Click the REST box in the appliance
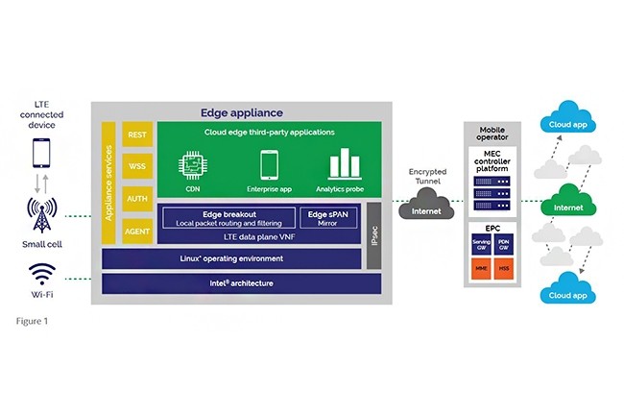click(137, 135)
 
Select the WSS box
click(137, 166)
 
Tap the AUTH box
click(137, 199)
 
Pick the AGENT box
click(137, 231)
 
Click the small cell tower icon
click(40, 214)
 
